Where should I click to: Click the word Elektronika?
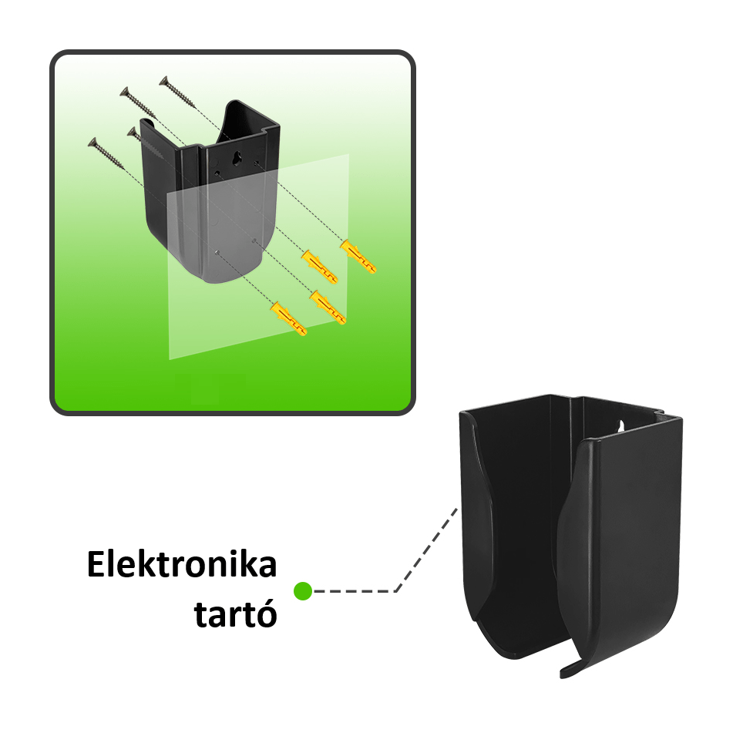[182, 564]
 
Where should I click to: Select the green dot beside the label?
[302, 591]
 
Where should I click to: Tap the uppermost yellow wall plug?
[358, 256]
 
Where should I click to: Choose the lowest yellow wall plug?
[289, 318]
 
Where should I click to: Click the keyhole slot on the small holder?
[237, 158]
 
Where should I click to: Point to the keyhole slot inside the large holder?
[620, 426]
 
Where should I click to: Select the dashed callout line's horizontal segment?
[355, 591]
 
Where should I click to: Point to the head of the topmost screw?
[163, 80]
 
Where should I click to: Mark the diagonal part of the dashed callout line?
[426, 550]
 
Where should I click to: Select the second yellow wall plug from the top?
[319, 267]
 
